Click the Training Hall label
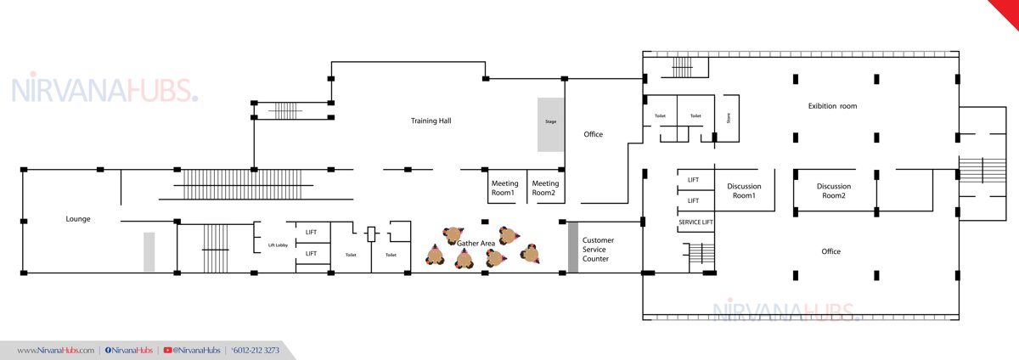click(x=431, y=121)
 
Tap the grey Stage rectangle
click(x=550, y=124)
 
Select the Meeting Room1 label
click(x=504, y=188)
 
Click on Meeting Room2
click(x=545, y=188)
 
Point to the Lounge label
click(x=78, y=219)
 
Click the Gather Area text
click(x=476, y=244)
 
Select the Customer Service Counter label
click(x=598, y=250)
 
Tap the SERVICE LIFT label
click(x=695, y=222)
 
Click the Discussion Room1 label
click(x=744, y=191)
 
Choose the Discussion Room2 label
click(x=833, y=191)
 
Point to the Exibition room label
click(x=832, y=106)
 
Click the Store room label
click(x=729, y=118)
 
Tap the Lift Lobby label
click(x=278, y=245)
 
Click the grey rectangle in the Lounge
click(x=149, y=251)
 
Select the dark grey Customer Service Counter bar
click(x=573, y=247)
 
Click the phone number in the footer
click(x=256, y=351)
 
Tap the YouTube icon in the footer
click(x=167, y=351)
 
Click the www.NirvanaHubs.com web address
click(x=55, y=351)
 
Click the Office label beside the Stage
click(x=593, y=134)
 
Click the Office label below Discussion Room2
click(x=830, y=251)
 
